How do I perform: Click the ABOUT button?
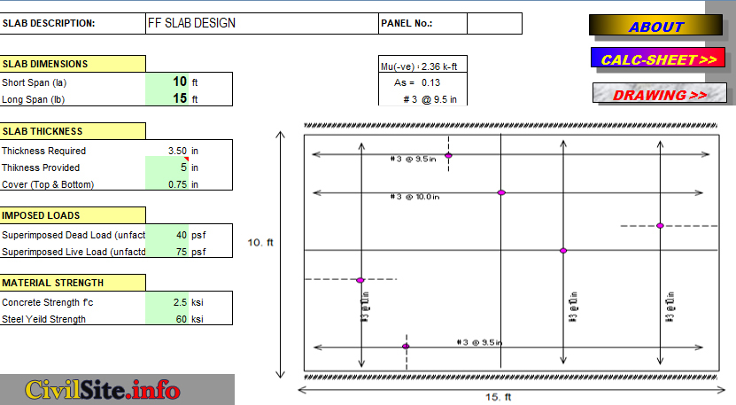[x=655, y=27]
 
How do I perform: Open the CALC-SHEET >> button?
[x=659, y=59]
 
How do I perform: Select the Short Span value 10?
[x=180, y=82]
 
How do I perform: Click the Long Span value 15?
[x=180, y=98]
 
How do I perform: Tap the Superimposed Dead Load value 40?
[x=180, y=235]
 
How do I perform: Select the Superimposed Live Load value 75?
[x=180, y=252]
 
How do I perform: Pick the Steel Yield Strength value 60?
[x=180, y=319]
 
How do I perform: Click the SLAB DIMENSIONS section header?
[x=73, y=64]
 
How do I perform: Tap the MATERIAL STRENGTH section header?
[x=73, y=283]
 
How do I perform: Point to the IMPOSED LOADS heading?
[x=73, y=215]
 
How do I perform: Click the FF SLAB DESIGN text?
[x=191, y=23]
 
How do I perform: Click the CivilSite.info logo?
[x=103, y=389]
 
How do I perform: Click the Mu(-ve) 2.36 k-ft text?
[x=417, y=66]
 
